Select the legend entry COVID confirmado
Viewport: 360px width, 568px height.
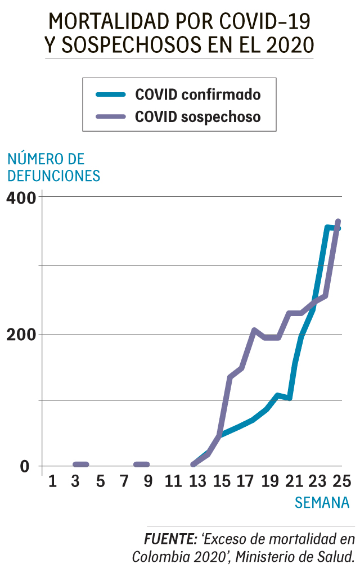tap(197, 94)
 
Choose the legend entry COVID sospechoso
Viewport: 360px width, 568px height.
tap(197, 117)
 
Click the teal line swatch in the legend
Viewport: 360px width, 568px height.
tap(110, 94)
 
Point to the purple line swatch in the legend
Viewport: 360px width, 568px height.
tap(110, 117)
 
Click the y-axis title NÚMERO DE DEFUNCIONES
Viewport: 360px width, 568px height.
tap(53, 167)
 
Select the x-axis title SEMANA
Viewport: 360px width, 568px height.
tap(322, 502)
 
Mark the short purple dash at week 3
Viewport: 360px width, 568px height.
tap(81, 465)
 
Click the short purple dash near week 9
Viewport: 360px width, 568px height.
tap(142, 465)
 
